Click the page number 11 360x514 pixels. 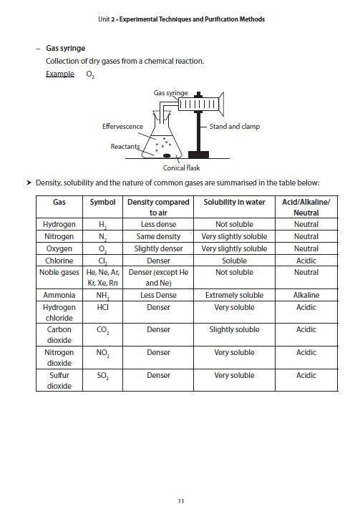tap(180, 500)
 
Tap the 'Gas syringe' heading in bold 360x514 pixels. tap(65, 49)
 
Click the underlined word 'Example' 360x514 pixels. tap(59, 74)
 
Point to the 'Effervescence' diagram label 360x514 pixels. tap(122, 127)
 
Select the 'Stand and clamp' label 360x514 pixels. tap(235, 127)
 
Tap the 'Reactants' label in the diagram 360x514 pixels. tap(125, 147)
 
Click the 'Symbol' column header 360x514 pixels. tap(103, 203)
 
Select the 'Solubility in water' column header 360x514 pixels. tap(234, 203)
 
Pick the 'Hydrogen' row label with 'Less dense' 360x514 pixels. tap(59, 225)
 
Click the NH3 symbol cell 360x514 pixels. tap(103, 296)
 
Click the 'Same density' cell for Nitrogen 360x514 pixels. tap(158, 236)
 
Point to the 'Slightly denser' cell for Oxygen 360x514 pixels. tap(158, 248)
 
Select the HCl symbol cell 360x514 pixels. tap(103, 307)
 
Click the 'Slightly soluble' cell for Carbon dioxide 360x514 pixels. tap(234, 330)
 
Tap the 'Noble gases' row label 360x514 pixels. tap(59, 273)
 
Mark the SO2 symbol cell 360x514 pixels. tap(103, 376)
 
